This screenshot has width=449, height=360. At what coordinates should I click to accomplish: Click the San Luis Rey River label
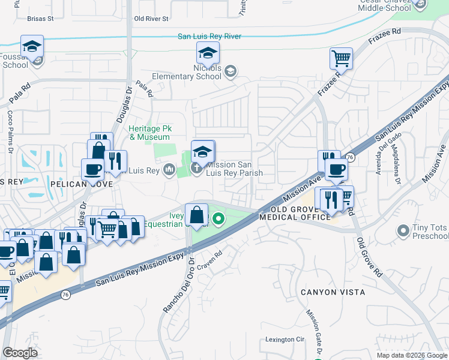pos(209,37)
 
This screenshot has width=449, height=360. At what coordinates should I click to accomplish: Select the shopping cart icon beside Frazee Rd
pos(340,59)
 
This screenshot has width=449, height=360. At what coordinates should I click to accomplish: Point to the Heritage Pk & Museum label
pos(149,133)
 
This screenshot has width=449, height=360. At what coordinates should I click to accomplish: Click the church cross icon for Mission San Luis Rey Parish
pos(196,166)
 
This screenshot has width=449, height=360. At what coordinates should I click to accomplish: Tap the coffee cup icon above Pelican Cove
pos(92,169)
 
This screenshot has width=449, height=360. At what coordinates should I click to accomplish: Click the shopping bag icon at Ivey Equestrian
pos(197,214)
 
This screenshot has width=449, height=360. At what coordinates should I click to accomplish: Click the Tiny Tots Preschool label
pos(429,232)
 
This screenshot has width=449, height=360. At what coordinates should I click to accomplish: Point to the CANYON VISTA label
pos(333,292)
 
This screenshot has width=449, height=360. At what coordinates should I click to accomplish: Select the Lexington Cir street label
pos(285,340)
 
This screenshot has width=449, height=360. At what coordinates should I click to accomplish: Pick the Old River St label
pos(151,19)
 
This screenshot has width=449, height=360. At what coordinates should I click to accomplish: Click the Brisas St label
pos(40,19)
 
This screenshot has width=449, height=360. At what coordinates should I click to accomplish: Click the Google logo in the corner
pos(20,353)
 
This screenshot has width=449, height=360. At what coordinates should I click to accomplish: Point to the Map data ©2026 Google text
pos(411,355)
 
